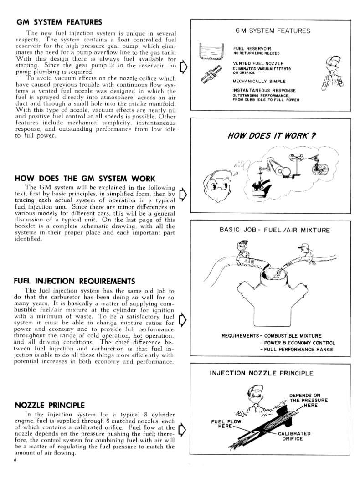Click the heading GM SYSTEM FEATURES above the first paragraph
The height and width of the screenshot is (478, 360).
coord(59,22)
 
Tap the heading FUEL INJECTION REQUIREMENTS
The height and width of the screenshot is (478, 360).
coord(75,280)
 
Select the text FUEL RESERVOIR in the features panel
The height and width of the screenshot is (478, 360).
coord(252,48)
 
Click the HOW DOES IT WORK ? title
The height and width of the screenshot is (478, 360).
coord(272,135)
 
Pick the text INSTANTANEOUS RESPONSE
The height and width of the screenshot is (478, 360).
coord(264,90)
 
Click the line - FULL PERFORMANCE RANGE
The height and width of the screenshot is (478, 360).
coord(297,350)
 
